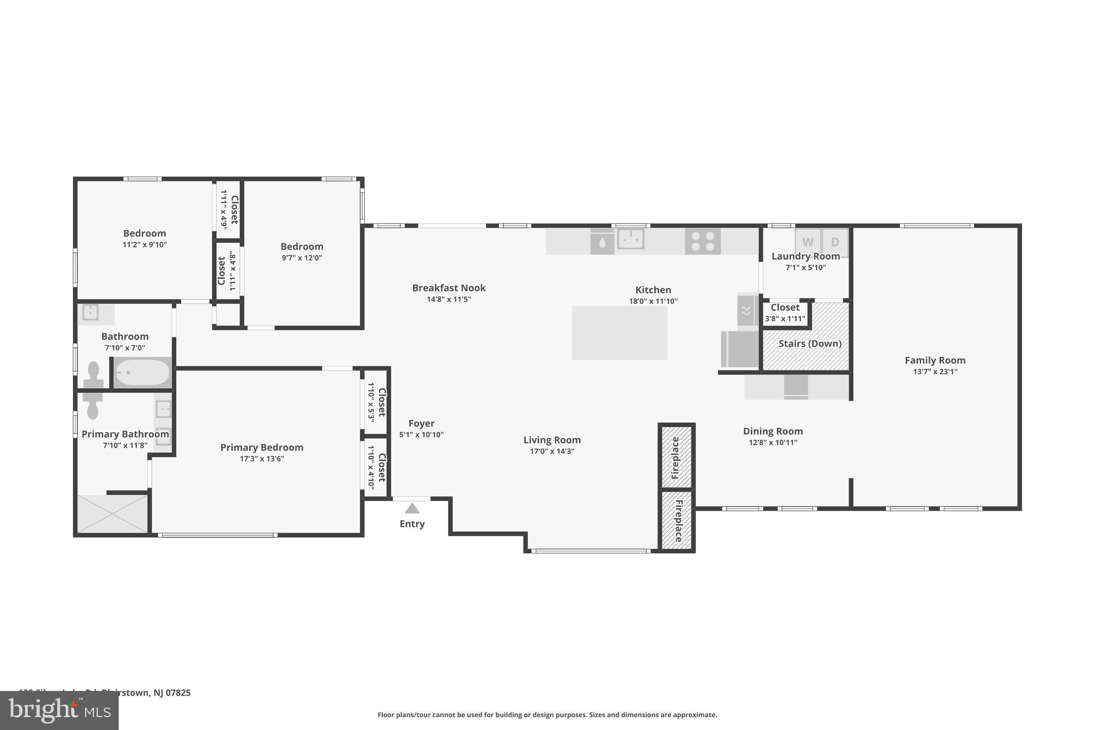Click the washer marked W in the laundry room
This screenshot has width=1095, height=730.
pyautogui.click(x=807, y=241)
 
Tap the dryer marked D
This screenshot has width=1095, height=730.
pyautogui.click(x=835, y=241)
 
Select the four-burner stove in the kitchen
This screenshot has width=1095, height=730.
pyautogui.click(x=703, y=241)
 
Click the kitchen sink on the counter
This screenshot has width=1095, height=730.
pyautogui.click(x=630, y=239)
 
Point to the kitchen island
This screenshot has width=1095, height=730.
pyautogui.click(x=619, y=333)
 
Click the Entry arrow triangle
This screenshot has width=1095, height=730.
pyautogui.click(x=412, y=508)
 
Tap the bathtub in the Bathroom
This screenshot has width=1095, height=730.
pyautogui.click(x=142, y=372)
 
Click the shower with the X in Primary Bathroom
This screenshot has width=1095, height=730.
pyautogui.click(x=112, y=513)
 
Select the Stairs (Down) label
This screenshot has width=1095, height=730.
pyautogui.click(x=809, y=343)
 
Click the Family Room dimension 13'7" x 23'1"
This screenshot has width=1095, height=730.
pyautogui.click(x=935, y=372)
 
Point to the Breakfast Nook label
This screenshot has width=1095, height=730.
pyautogui.click(x=449, y=288)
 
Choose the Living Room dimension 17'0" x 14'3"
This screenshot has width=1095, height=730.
pyautogui.click(x=552, y=451)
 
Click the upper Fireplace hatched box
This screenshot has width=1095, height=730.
pyautogui.click(x=676, y=457)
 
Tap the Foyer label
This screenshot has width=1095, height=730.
pyautogui.click(x=421, y=423)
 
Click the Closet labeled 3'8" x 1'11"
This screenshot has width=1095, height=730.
pyautogui.click(x=785, y=313)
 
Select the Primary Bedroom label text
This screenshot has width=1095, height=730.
pyautogui.click(x=261, y=447)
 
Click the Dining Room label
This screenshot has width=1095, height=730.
pyautogui.click(x=773, y=431)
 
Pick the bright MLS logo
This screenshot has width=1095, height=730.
pyautogui.click(x=59, y=710)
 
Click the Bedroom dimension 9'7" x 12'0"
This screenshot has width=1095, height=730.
pyautogui.click(x=302, y=258)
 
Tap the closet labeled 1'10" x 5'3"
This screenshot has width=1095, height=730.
pyautogui.click(x=376, y=402)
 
